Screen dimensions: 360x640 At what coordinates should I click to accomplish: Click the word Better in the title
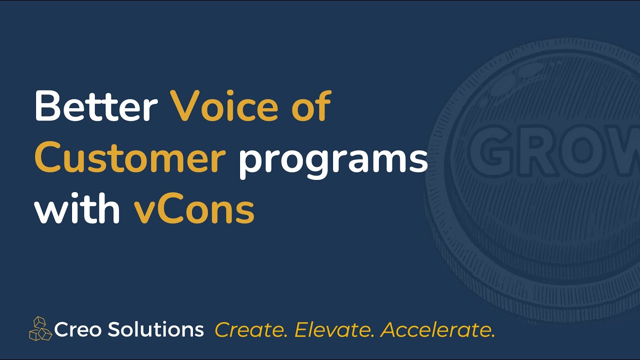coord(96,106)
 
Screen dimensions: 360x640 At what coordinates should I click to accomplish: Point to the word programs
coord(333,161)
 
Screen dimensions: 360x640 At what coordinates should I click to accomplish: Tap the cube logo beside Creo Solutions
coord(40,329)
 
